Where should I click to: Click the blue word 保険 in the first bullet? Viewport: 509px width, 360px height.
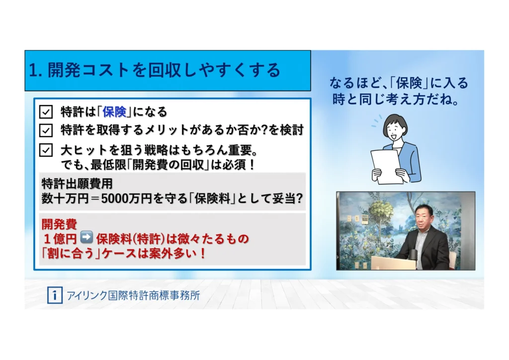pyautogui.click(x=114, y=112)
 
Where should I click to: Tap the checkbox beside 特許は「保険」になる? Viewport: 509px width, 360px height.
pyautogui.click(x=46, y=112)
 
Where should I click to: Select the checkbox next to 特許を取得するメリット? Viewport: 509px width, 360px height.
pyautogui.click(x=46, y=130)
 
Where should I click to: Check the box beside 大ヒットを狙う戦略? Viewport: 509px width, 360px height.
pyautogui.click(x=46, y=150)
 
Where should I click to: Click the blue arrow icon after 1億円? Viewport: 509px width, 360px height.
pyautogui.click(x=86, y=237)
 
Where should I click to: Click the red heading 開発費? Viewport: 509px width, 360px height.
pyautogui.click(x=59, y=224)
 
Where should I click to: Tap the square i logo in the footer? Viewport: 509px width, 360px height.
pyautogui.click(x=55, y=295)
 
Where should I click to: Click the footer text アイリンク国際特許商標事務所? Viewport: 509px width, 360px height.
pyautogui.click(x=133, y=295)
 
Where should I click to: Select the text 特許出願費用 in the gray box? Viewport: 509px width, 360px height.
pyautogui.click(x=77, y=184)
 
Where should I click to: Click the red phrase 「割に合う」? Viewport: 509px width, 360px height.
pyautogui.click(x=72, y=253)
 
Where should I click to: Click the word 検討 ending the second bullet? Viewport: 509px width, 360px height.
pyautogui.click(x=291, y=130)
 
